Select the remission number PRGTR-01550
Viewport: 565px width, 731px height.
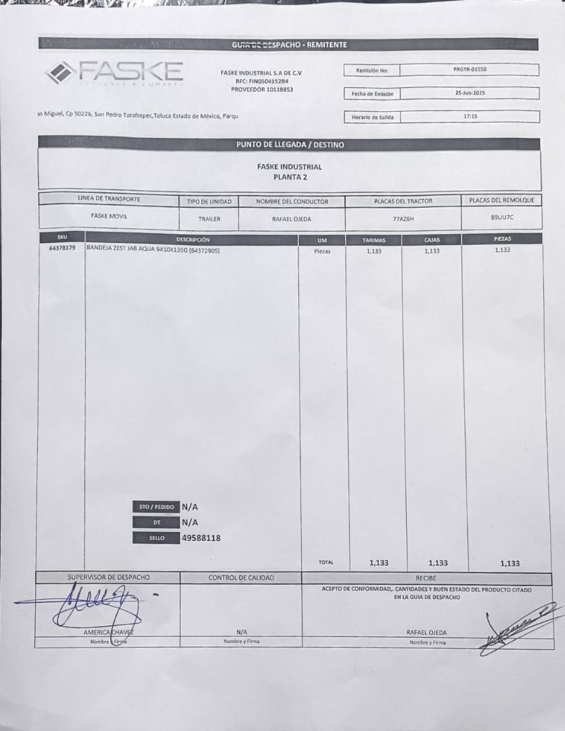pos(470,69)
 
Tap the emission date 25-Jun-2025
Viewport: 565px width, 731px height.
pos(470,93)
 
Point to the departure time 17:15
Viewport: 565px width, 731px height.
pos(470,116)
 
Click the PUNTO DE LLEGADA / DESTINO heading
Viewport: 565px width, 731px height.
pos(290,144)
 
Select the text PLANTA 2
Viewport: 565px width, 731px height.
pos(289,177)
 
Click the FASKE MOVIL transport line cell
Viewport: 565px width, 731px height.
pos(109,217)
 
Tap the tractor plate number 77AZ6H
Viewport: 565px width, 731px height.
pos(403,219)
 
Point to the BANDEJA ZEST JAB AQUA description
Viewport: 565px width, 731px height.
pos(153,250)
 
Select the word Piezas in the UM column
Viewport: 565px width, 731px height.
pos(322,250)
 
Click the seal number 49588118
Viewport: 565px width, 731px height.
pos(202,538)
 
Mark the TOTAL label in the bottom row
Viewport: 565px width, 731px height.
pos(325,562)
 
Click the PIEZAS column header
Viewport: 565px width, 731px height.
pos(502,239)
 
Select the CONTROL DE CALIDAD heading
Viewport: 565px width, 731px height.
pos(241,577)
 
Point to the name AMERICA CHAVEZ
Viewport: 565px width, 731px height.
pos(108,632)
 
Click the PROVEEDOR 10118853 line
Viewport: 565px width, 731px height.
pos(262,89)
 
